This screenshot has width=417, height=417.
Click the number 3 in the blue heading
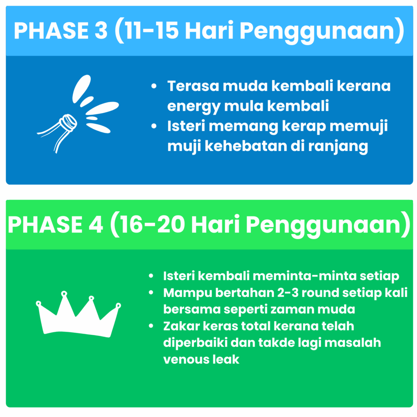101,30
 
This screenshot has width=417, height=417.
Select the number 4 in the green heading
95,224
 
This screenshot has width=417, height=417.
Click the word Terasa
193,86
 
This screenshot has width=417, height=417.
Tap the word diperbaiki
195,343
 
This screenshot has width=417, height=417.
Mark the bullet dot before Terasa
154,86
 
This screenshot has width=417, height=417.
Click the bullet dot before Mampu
151,293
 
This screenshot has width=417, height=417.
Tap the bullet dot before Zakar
151,326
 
